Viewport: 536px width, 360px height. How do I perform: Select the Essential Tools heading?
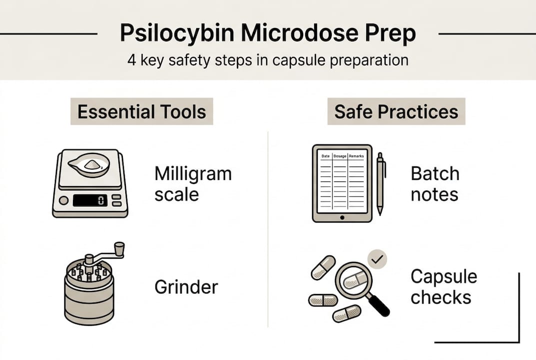(142, 111)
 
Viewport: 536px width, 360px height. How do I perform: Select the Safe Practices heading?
(396, 111)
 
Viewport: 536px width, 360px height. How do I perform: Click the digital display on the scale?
(90, 200)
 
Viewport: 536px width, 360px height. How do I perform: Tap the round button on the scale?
(63, 200)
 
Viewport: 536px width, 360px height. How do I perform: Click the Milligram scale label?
(192, 183)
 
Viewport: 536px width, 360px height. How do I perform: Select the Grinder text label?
(186, 287)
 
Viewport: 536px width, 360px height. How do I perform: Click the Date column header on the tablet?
(325, 156)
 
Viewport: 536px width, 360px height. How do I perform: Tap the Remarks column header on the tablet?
(357, 156)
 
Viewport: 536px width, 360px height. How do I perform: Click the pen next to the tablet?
(381, 182)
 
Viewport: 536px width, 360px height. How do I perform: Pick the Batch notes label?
(435, 183)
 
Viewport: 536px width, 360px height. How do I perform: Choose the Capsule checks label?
(443, 286)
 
